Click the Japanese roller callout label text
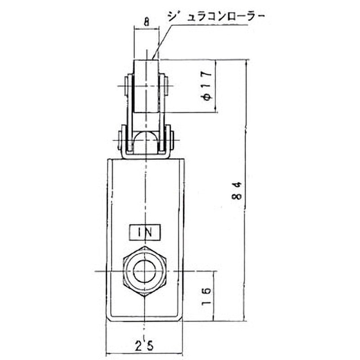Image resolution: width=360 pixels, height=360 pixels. (216, 17)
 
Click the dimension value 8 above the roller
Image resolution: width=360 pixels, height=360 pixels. (146, 21)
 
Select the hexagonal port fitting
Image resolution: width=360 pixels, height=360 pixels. (145, 271)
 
